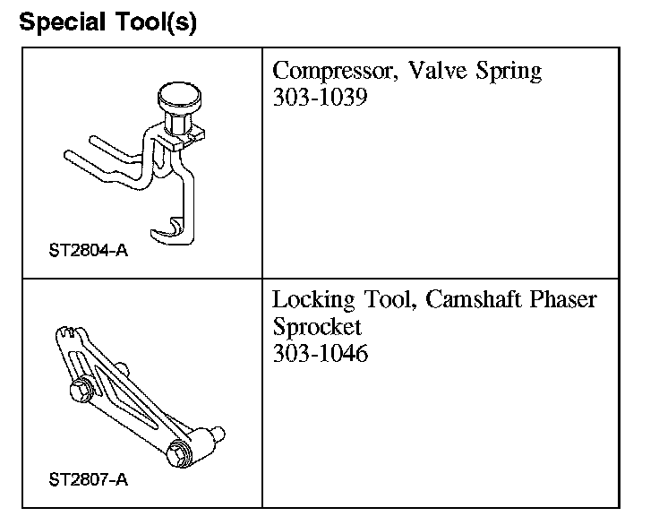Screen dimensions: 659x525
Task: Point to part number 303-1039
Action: (x=320, y=97)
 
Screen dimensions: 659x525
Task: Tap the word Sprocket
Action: (x=317, y=326)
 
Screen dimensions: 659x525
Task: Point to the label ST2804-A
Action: (x=88, y=250)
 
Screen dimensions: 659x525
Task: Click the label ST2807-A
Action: (x=88, y=479)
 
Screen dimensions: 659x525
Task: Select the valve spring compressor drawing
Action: (x=143, y=161)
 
